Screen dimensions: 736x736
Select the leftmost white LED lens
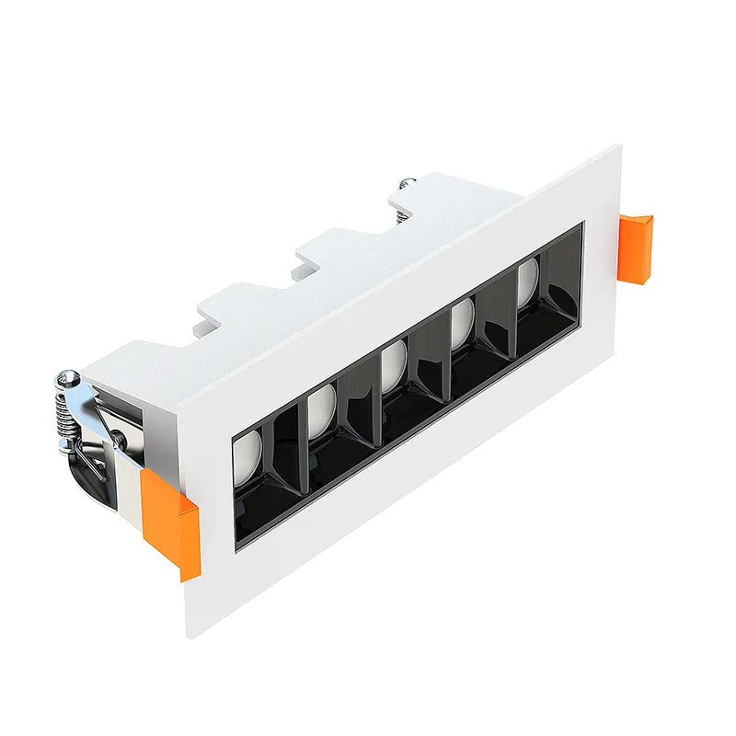(247, 458)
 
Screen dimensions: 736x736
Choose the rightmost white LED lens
(527, 281)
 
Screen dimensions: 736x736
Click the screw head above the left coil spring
(67, 377)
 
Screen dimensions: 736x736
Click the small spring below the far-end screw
(402, 214)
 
